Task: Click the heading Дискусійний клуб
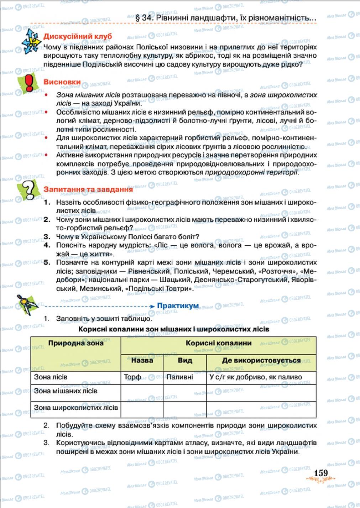coord(77,36)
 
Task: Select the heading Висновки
coord(62,82)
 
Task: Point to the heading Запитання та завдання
coord(88,189)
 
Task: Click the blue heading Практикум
coord(178,306)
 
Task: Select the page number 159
coord(320,473)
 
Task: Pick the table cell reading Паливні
coord(179,377)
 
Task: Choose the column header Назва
coord(142,360)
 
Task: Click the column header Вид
coord(185,360)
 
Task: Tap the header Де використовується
coord(261,360)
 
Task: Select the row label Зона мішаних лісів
coord(66,391)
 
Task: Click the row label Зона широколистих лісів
coord(75,407)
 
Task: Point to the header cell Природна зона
coord(75,344)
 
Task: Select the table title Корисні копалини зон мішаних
coord(173,329)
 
